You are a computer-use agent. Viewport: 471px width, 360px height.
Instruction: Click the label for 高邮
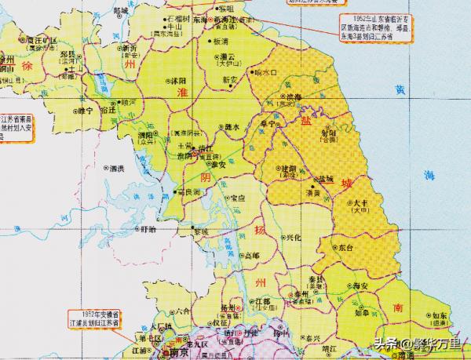251,256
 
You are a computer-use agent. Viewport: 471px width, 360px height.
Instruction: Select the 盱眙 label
145,230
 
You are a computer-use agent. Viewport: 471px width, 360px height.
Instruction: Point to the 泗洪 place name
118,169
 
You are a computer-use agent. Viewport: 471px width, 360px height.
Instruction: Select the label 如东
439,316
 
